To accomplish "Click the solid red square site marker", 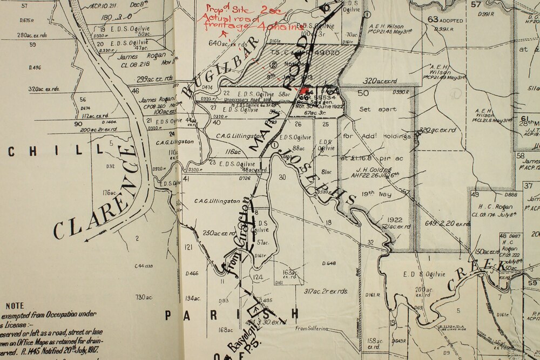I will point(304,92).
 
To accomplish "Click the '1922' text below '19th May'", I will point(395,220).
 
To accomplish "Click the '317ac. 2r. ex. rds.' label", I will point(326,291).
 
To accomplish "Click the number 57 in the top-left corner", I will point(24,6).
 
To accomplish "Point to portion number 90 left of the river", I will point(78,124).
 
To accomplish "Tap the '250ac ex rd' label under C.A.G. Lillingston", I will point(217,233).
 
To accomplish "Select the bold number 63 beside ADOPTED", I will point(433,19).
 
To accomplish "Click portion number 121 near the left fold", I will point(188,247).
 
